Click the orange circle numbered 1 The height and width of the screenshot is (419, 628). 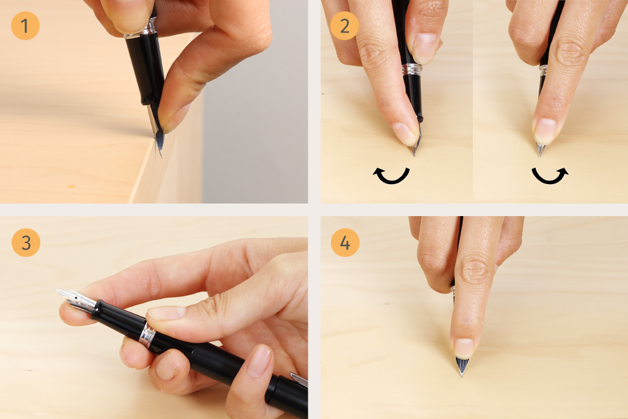(25, 26)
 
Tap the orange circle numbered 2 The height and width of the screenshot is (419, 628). (344, 26)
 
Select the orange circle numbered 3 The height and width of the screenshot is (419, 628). (26, 242)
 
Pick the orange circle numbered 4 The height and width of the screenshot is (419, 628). (345, 242)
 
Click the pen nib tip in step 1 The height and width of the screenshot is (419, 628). (162, 158)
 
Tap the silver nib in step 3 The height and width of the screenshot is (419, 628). (76, 299)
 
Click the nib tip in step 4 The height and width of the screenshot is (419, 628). (462, 376)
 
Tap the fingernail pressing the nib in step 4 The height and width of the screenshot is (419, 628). (464, 347)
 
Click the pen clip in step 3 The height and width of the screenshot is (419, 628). (298, 379)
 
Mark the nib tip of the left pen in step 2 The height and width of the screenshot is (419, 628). (414, 155)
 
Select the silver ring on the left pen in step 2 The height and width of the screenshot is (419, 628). (412, 69)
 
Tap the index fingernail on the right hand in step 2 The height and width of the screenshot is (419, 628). (544, 131)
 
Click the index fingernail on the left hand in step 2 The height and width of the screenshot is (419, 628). (405, 134)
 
